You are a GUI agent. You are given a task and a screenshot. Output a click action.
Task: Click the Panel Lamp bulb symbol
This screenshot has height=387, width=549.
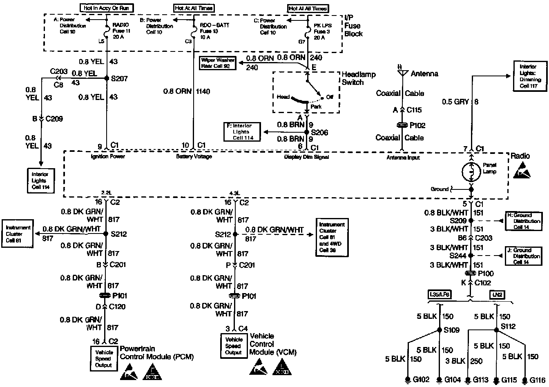pyautogui.click(x=471, y=172)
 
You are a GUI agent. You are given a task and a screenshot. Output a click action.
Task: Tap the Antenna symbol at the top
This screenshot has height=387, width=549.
pyautogui.click(x=402, y=73)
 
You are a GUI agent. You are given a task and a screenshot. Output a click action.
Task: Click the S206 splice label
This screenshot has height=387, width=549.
pyautogui.click(x=320, y=133)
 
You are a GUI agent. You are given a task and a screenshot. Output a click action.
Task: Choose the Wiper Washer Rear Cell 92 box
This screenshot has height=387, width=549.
pyautogui.click(x=218, y=63)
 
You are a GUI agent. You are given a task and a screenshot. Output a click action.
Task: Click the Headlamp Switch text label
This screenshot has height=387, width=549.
pyautogui.click(x=358, y=78)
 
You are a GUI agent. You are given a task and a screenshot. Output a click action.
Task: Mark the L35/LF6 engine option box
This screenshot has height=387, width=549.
pyautogui.click(x=440, y=295)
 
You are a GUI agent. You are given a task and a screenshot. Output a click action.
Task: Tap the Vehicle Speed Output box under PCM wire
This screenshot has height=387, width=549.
pyautogui.click(x=103, y=359)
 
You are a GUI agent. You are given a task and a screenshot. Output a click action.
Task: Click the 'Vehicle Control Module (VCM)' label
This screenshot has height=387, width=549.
pyautogui.click(x=272, y=344)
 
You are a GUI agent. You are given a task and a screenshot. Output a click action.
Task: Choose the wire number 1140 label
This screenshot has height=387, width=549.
pyautogui.click(x=203, y=91)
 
